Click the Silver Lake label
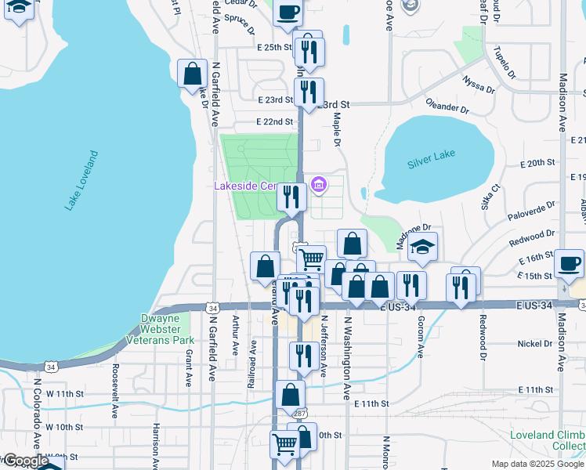[x=431, y=164]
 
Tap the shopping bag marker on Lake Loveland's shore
[x=192, y=75]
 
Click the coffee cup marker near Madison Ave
[x=570, y=263]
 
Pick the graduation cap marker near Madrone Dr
[x=423, y=248]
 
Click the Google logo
[x=26, y=461]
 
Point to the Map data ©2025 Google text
[x=537, y=464]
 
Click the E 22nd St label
[x=274, y=122]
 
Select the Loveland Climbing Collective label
[x=558, y=440]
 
